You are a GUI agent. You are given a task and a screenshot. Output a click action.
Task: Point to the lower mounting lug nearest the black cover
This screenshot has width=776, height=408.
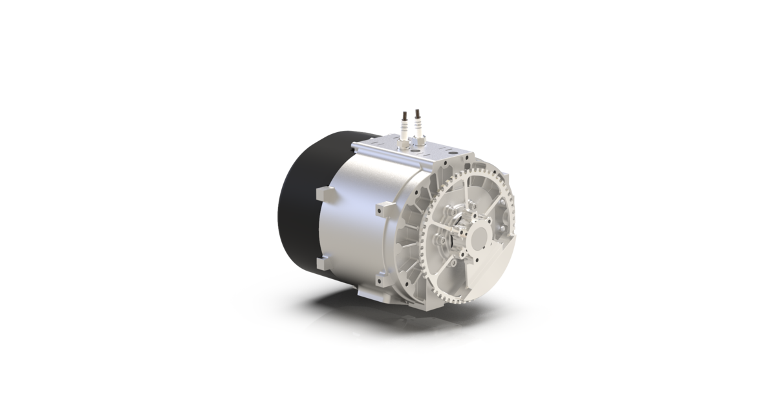point(323,264)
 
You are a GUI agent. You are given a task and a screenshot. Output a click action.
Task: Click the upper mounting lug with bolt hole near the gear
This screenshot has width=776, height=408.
point(385,209)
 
